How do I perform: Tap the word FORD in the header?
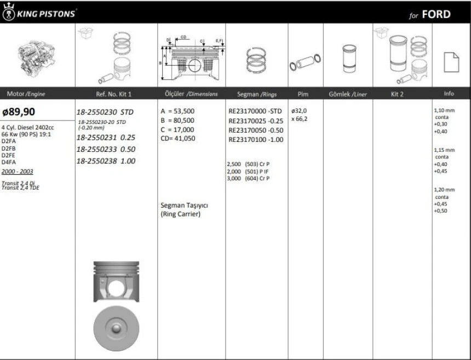click(x=436, y=14)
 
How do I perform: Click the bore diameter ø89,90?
click(x=19, y=112)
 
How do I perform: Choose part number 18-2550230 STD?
click(x=105, y=112)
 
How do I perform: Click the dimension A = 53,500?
click(x=177, y=111)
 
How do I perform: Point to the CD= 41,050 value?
click(x=177, y=139)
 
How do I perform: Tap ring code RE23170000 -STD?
click(x=255, y=111)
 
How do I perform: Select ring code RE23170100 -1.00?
click(x=256, y=139)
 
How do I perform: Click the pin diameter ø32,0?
click(x=299, y=111)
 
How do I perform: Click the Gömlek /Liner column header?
click(x=348, y=94)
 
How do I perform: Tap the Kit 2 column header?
click(x=397, y=94)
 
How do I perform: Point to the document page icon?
click(x=451, y=61)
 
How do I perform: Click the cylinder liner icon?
click(x=348, y=58)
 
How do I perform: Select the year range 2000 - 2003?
click(x=17, y=172)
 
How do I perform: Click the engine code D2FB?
click(x=9, y=148)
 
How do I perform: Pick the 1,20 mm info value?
click(x=444, y=190)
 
